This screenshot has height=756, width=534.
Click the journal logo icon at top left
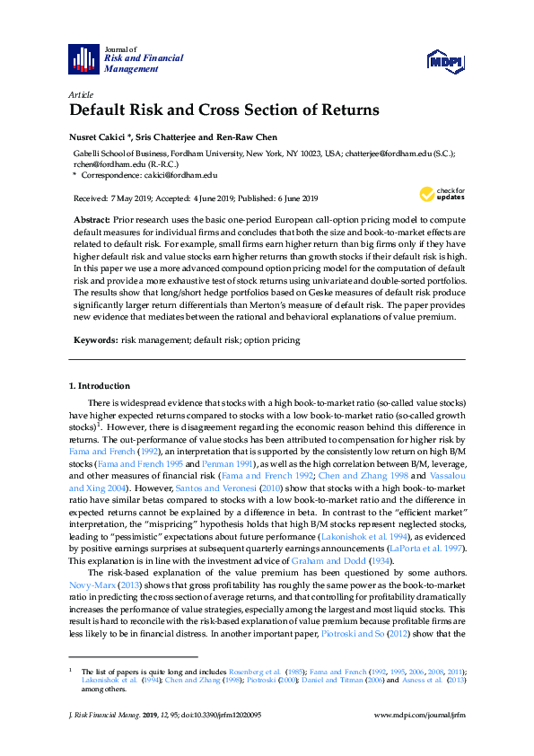[83, 58]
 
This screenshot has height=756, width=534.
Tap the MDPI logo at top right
[444, 60]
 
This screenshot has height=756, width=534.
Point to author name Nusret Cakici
[102, 137]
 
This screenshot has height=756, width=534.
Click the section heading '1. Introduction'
[101, 386]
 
